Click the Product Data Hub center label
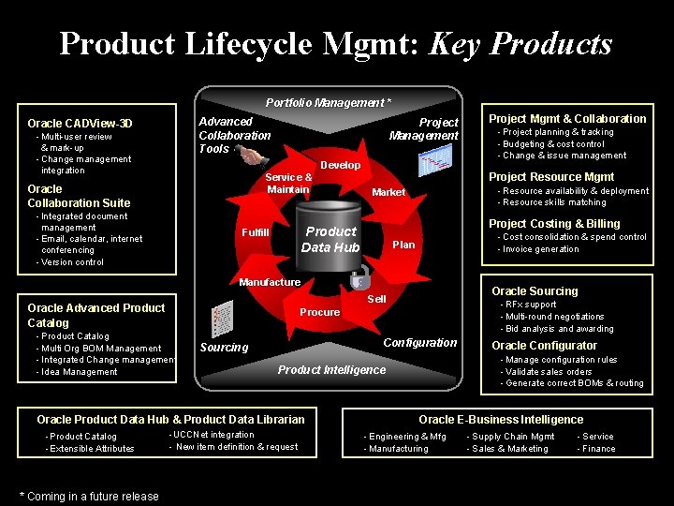[330, 239]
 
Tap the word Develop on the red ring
[340, 165]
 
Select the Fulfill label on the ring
[255, 232]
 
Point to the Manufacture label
[270, 282]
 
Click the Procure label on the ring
[319, 312]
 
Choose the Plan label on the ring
[403, 245]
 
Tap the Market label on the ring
[388, 192]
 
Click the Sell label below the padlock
[376, 299]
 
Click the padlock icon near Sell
[359, 279]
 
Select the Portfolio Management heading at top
[328, 102]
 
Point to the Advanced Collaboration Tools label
[234, 135]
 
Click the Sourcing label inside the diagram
[224, 348]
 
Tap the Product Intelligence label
[331, 369]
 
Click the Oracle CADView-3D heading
[80, 124]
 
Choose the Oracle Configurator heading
[544, 346]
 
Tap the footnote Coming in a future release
[89, 496]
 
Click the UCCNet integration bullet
[213, 435]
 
